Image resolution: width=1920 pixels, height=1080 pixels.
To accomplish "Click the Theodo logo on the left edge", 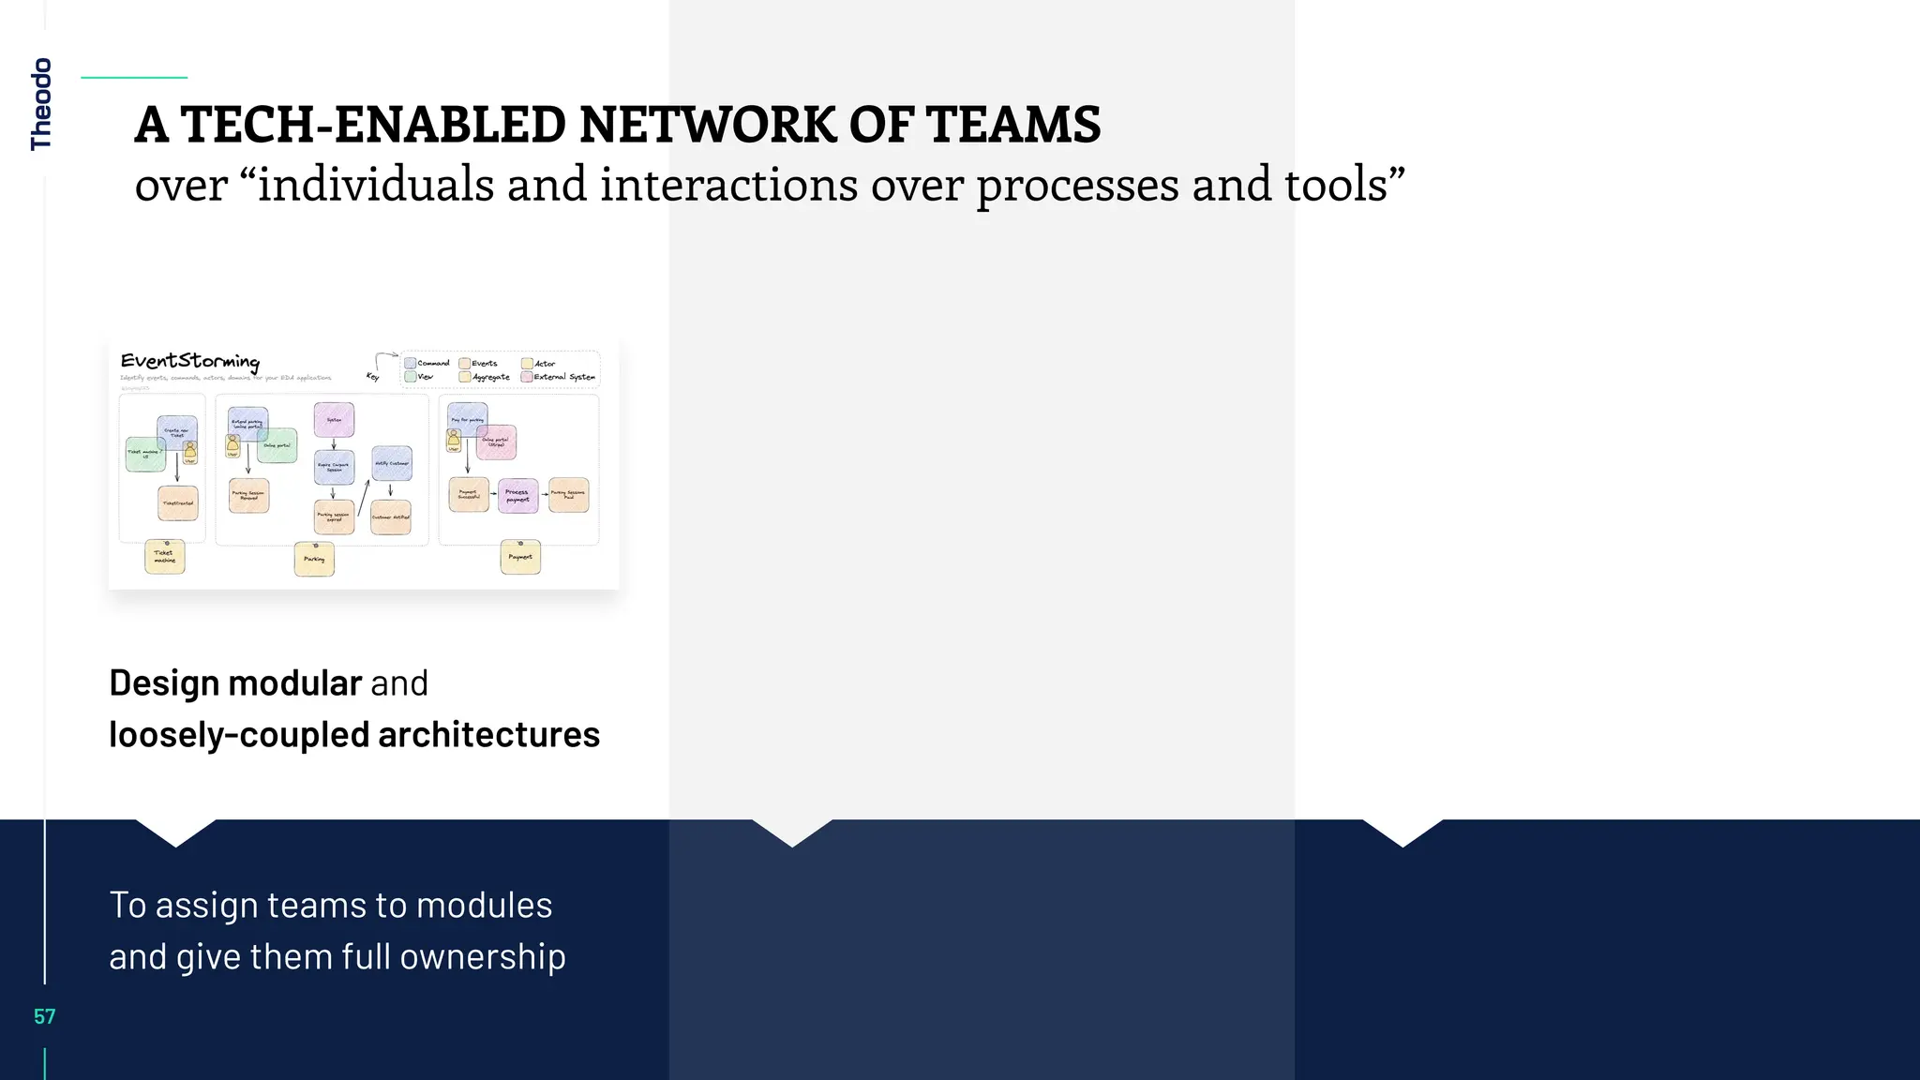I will (x=41, y=104).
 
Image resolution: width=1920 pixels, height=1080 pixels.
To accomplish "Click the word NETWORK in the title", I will (x=706, y=125).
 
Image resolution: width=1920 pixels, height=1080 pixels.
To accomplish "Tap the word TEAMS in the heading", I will (x=1013, y=125).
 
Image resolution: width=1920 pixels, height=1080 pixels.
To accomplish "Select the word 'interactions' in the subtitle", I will (x=728, y=184).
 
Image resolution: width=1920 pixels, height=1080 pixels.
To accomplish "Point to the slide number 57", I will (x=44, y=1016).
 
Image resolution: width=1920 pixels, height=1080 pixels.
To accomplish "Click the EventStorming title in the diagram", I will (x=190, y=361).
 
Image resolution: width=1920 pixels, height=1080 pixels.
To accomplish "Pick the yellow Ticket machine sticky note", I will (x=165, y=557).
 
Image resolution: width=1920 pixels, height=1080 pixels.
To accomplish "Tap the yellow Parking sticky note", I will (x=314, y=560).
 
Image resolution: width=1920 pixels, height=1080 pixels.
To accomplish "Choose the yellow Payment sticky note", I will (x=520, y=557).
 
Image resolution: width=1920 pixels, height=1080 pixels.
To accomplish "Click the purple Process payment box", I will (x=517, y=495).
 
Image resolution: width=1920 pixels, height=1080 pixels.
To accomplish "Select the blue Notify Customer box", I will (x=392, y=463).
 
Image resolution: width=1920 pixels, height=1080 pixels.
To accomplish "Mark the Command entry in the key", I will (x=427, y=363).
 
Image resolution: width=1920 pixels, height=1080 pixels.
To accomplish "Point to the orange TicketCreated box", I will (x=178, y=503).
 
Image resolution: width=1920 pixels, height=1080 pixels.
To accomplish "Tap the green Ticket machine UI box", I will (x=144, y=454).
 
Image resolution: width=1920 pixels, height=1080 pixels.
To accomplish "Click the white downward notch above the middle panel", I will (x=792, y=832).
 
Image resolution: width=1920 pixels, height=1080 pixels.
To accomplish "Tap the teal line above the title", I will (x=134, y=78).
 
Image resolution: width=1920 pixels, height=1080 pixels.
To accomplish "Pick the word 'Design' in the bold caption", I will (x=164, y=683).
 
